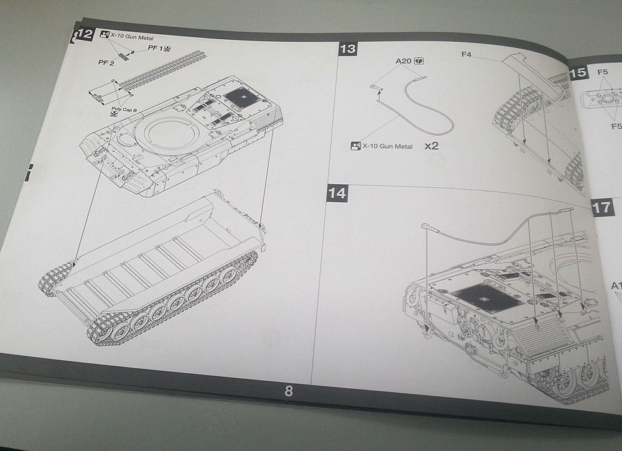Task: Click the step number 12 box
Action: click(83, 35)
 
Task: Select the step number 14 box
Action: click(337, 193)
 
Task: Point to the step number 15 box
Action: click(578, 72)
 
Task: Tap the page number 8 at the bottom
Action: click(289, 391)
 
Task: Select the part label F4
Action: click(466, 55)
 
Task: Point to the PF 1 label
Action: click(155, 48)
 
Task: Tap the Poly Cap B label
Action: click(124, 109)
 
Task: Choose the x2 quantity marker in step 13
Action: click(432, 147)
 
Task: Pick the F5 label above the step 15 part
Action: click(602, 72)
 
